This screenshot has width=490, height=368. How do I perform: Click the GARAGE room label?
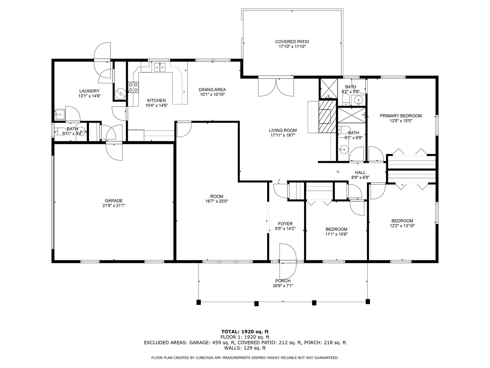pyautogui.click(x=114, y=200)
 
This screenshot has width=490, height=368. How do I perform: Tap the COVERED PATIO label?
pyautogui.click(x=292, y=42)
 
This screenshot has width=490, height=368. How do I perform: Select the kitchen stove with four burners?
pyautogui.click(x=133, y=87)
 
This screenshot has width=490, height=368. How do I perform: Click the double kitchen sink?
pyautogui.click(x=160, y=67)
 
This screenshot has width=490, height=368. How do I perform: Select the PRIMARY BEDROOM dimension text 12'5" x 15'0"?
pyautogui.click(x=401, y=121)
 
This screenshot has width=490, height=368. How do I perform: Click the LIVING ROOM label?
pyautogui.click(x=283, y=130)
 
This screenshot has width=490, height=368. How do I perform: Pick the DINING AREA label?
pyautogui.click(x=212, y=89)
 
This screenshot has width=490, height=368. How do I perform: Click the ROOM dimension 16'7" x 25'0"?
pyautogui.click(x=217, y=201)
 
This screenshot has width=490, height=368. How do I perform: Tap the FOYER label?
pyautogui.click(x=285, y=223)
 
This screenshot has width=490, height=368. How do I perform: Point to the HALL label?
pyautogui.click(x=360, y=172)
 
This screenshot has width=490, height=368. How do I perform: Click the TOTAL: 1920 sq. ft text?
pyautogui.click(x=245, y=331)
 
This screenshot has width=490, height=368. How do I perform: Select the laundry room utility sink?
pyautogui.click(x=60, y=114)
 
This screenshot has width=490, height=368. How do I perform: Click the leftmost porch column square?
pyautogui.click(x=199, y=302)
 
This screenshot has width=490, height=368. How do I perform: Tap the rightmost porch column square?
pyautogui.click(x=368, y=302)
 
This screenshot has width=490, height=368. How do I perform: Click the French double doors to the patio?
pyautogui.click(x=276, y=87)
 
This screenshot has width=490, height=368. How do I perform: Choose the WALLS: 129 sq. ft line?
pyautogui.click(x=245, y=348)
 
